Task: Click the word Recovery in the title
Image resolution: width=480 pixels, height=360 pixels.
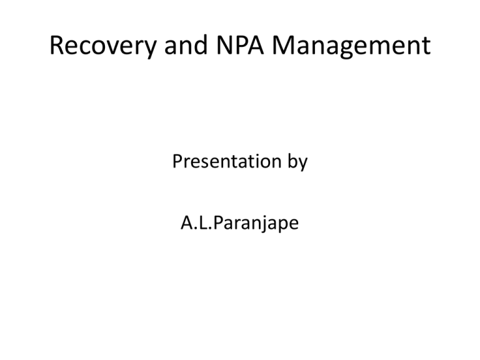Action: click(x=103, y=46)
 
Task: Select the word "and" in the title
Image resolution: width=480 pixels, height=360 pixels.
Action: click(x=186, y=45)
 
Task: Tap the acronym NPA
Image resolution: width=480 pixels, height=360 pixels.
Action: click(x=240, y=45)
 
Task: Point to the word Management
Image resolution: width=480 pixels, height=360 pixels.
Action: click(x=351, y=46)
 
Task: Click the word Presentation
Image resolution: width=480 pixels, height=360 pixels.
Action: click(x=227, y=161)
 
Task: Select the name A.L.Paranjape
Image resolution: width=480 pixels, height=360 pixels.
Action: click(x=240, y=223)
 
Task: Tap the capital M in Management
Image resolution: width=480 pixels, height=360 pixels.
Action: click(x=284, y=45)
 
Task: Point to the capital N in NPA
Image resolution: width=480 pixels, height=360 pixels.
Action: click(x=224, y=45)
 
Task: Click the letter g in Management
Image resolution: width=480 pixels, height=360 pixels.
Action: click(x=347, y=48)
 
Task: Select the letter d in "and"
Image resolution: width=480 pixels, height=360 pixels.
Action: click(x=201, y=45)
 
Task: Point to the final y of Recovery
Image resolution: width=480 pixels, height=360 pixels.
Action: click(x=149, y=49)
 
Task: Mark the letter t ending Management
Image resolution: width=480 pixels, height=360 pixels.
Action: click(x=426, y=46)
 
